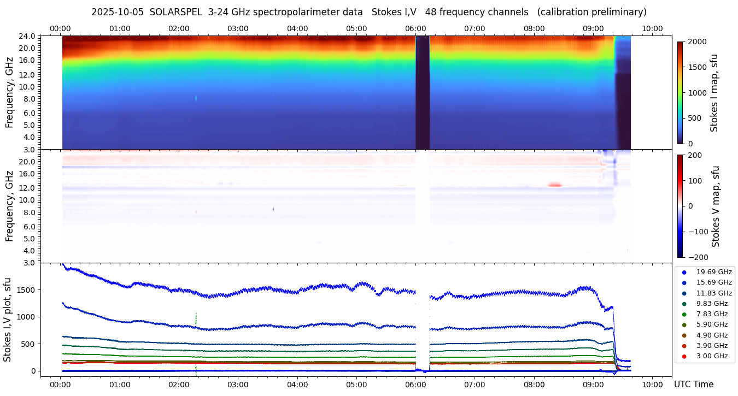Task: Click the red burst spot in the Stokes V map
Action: (x=555, y=185)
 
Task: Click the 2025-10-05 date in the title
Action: (x=117, y=12)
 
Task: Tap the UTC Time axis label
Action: (x=693, y=384)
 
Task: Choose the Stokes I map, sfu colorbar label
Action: (x=714, y=93)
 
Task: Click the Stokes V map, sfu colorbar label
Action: (x=714, y=206)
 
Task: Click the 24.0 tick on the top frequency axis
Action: (x=28, y=36)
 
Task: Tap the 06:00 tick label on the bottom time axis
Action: (x=415, y=384)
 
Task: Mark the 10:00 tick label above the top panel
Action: (x=652, y=28)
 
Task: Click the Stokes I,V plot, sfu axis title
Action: (x=8, y=320)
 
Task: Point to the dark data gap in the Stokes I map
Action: (x=423, y=93)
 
